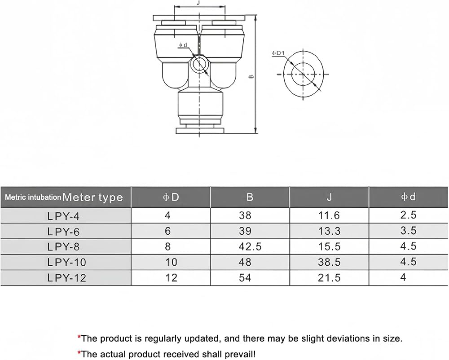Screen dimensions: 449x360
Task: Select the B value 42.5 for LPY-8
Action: [250, 246]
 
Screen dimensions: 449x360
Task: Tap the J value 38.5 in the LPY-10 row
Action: [329, 262]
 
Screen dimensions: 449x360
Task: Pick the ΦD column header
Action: [171, 197]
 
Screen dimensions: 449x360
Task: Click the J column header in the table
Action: [329, 197]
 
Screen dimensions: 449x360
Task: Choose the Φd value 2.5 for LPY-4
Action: [408, 215]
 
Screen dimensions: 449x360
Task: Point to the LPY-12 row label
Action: [67, 277]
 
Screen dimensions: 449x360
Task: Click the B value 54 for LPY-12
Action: [245, 277]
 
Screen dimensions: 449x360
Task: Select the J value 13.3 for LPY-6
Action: [329, 231]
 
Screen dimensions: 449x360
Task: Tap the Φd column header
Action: [408, 197]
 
